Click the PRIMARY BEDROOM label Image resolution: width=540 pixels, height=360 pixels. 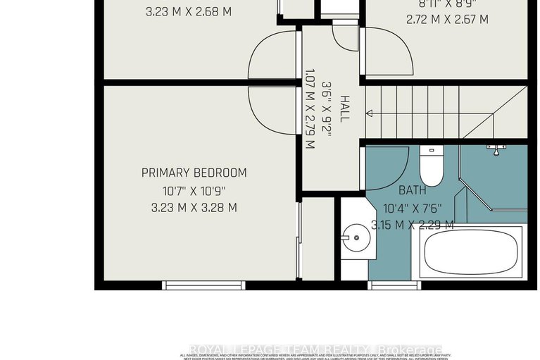tap(194, 173)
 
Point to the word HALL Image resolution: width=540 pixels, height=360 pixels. tap(344, 109)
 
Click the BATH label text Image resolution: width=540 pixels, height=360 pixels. tap(413, 190)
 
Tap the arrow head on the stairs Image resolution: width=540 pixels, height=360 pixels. tap(369, 112)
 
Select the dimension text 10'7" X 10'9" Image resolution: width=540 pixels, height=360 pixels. tap(194, 190)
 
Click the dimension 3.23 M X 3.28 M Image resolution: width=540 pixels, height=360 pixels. tap(194, 208)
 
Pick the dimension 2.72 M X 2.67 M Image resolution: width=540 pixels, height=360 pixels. tap(446, 20)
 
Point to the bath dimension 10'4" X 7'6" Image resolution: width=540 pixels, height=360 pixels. tap(413, 208)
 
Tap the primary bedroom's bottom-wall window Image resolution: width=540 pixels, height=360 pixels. tap(204, 285)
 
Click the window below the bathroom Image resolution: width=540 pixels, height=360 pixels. tap(394, 285)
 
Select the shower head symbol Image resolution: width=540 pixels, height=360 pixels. tap(497, 149)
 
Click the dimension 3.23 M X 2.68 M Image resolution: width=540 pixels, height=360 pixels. tap(188, 12)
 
